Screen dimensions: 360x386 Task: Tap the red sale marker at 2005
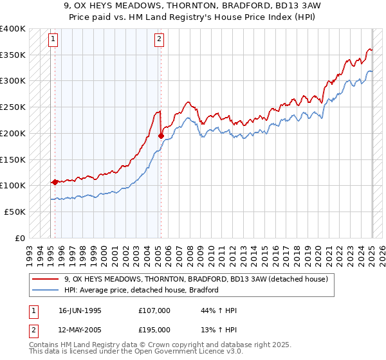[x=160, y=136]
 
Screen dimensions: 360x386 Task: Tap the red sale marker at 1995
[x=55, y=182]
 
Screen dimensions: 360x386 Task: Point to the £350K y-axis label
[x=13, y=55]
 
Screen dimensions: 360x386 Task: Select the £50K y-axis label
[x=15, y=212]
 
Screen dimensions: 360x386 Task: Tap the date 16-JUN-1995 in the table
[x=80, y=310]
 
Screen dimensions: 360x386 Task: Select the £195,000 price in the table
[x=154, y=329]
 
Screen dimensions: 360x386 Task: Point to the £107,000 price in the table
[x=154, y=310]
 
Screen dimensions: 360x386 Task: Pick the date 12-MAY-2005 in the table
[x=80, y=329]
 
